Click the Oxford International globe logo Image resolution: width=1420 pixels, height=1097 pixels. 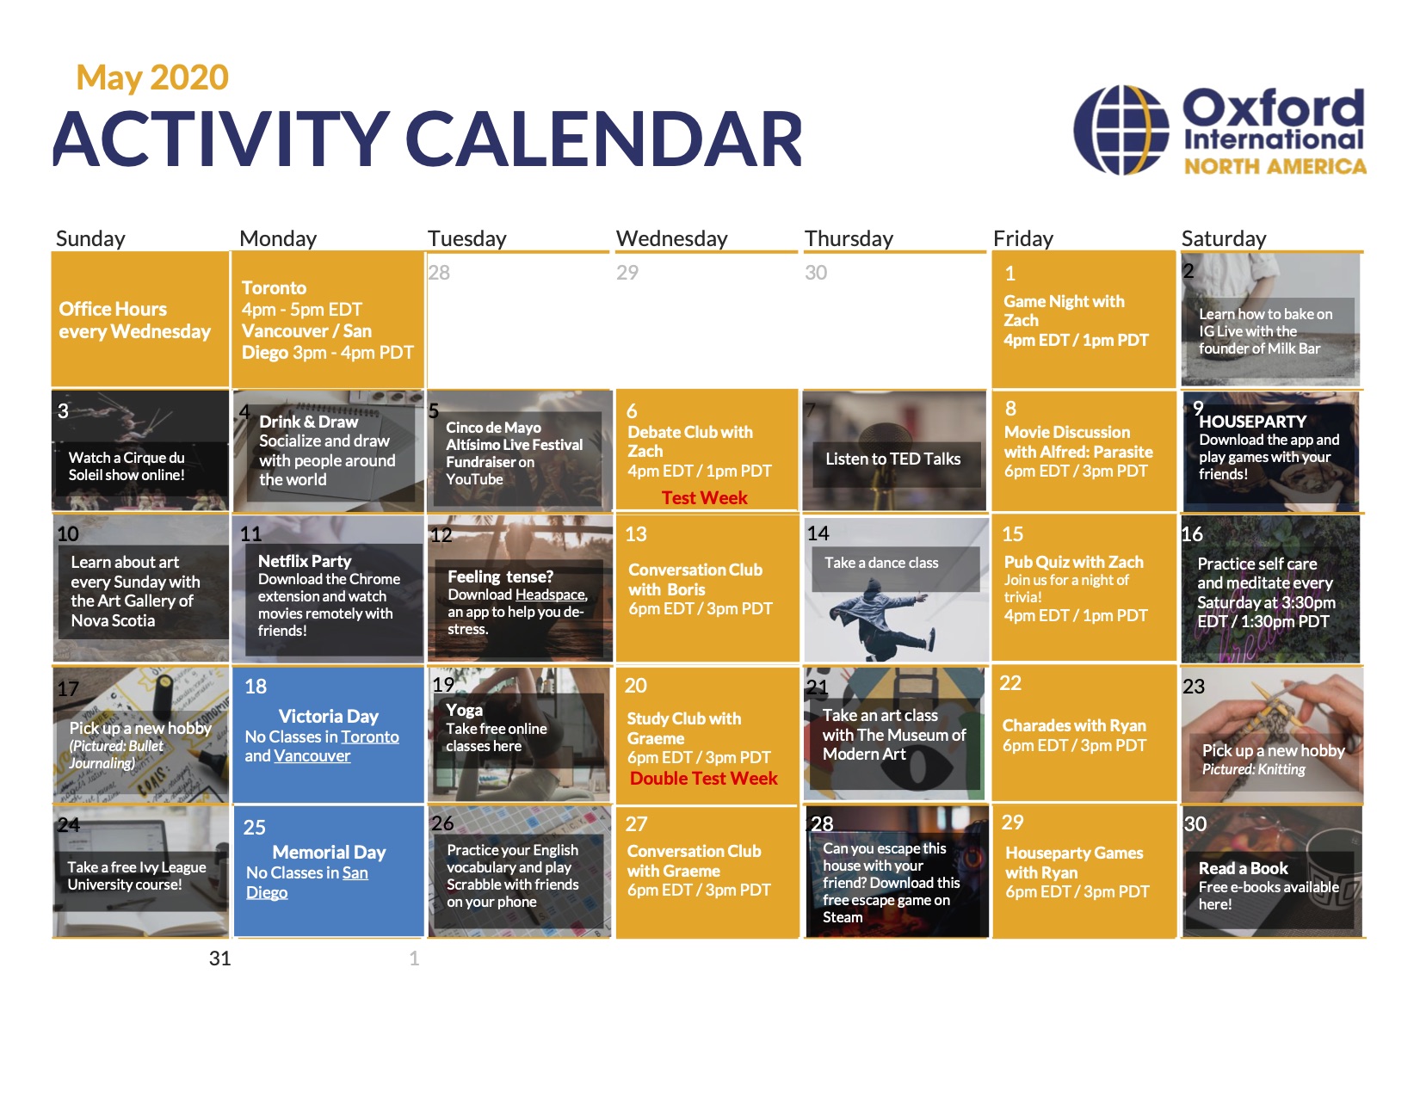point(1121,130)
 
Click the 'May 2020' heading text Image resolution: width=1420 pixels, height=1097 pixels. point(152,77)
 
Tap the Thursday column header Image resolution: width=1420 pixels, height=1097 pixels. point(849,238)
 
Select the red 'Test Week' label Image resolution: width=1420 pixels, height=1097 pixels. point(704,498)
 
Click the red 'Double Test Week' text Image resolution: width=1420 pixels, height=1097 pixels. point(703,778)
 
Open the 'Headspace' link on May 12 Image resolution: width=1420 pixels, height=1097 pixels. point(551,595)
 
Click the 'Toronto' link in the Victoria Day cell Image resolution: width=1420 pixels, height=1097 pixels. point(369,736)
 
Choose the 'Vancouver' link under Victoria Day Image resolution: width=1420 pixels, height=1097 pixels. point(312,756)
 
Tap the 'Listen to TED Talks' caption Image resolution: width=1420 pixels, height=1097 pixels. point(892,459)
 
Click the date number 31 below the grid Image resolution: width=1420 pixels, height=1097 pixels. point(219,958)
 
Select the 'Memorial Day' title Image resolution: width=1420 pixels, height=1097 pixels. point(329,852)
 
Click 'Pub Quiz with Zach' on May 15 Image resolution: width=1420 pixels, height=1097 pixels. point(1073,562)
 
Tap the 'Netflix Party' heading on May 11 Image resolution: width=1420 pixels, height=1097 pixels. point(305,561)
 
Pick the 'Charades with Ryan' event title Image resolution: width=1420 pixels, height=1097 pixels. point(1074,725)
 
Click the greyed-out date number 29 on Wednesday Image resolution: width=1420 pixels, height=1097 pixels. point(627,273)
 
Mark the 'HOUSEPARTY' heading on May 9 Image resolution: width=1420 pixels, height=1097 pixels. point(1252,422)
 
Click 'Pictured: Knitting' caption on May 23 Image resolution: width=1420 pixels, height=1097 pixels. point(1253,769)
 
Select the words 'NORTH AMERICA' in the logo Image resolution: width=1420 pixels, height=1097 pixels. point(1275,167)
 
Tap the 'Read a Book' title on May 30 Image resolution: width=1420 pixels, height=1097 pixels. point(1243,868)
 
